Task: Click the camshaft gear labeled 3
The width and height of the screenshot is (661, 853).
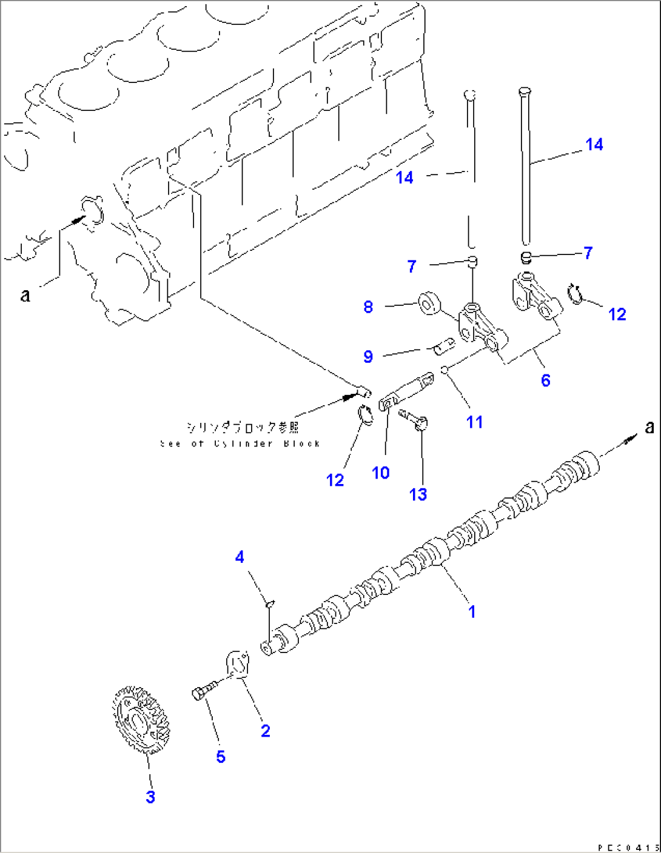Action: coord(139,720)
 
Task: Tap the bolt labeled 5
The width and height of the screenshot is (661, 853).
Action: coord(203,691)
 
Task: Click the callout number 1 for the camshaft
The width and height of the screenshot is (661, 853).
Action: coord(472,612)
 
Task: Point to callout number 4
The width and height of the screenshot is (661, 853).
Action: coord(240,557)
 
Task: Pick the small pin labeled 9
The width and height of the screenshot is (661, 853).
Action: coord(445,347)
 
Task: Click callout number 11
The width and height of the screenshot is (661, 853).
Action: coord(474,422)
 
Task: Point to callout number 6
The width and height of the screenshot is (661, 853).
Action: coord(545,380)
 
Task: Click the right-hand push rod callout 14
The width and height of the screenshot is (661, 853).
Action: coord(594,144)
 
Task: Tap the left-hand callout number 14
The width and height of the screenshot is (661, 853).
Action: coord(404,178)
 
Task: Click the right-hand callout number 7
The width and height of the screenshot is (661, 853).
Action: coord(588,253)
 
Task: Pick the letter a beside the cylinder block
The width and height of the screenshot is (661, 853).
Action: coord(25,295)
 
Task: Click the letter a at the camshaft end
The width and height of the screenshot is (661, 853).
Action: coord(649,427)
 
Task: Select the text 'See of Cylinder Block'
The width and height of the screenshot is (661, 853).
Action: coord(240,443)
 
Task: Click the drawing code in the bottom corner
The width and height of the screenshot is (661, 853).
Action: coord(628,847)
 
